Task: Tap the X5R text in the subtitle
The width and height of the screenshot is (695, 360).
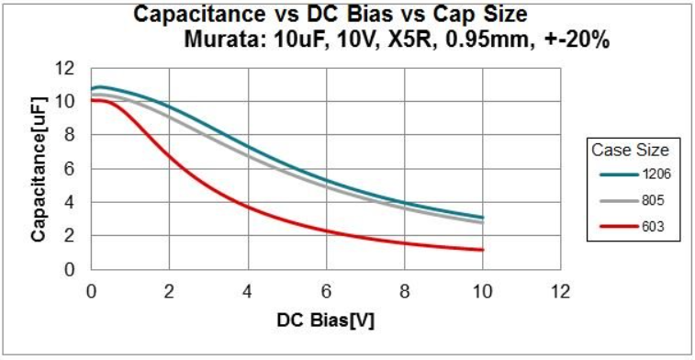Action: pyautogui.click(x=398, y=40)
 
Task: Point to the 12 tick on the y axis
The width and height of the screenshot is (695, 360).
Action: pyautogui.click(x=63, y=67)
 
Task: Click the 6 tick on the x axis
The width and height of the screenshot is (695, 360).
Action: pyautogui.click(x=325, y=292)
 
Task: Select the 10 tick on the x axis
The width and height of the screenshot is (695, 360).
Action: pyautogui.click(x=482, y=292)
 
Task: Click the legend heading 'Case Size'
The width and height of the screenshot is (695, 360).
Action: pyautogui.click(x=635, y=150)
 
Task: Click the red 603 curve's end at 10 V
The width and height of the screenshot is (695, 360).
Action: pyautogui.click(x=482, y=250)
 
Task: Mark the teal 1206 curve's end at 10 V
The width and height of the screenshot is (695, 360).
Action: pyautogui.click(x=482, y=218)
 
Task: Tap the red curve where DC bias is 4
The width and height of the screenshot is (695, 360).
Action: pyautogui.click(x=247, y=207)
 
